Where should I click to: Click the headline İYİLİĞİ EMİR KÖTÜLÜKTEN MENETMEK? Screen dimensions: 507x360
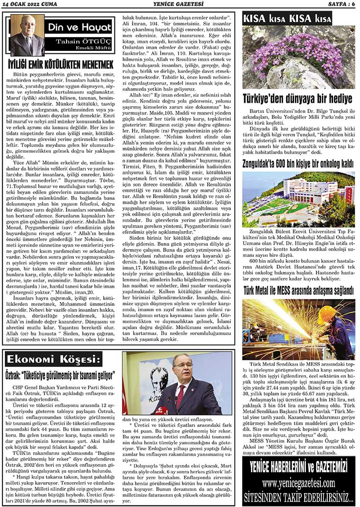(61, 65)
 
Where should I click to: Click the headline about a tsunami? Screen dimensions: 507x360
(60, 376)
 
